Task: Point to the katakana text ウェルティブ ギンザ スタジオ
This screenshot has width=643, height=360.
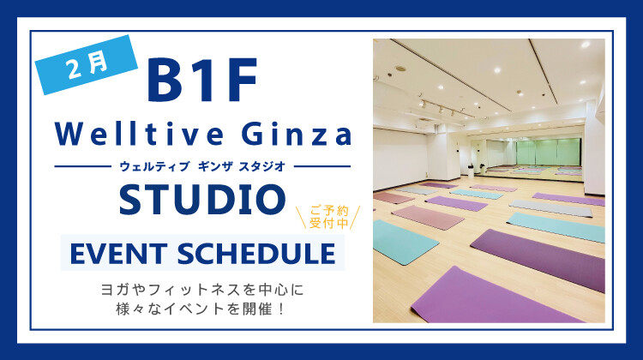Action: tap(202, 165)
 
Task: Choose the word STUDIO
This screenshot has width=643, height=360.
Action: tap(202, 200)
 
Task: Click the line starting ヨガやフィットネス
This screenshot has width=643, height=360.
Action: tap(202, 290)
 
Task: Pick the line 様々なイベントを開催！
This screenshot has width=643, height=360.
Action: tap(202, 309)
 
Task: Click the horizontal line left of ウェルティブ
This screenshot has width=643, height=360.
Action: tap(81, 166)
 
